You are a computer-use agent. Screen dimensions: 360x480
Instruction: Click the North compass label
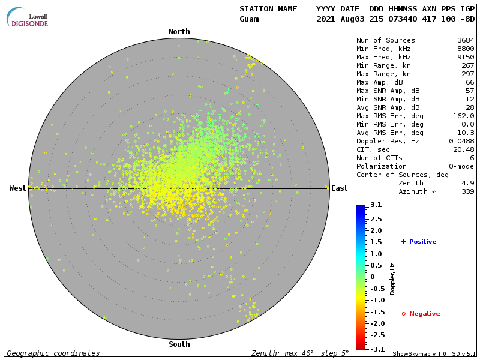(179, 32)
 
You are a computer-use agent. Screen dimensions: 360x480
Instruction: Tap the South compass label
(179, 344)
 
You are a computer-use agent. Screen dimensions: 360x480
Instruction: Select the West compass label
(18, 188)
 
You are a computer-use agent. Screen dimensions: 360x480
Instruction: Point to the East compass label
(339, 188)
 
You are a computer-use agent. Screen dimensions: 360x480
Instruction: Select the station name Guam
(249, 19)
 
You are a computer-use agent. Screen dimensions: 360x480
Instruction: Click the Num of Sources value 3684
(465, 41)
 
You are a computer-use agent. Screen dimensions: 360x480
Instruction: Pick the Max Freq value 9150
(465, 57)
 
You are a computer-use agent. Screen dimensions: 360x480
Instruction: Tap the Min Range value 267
(467, 65)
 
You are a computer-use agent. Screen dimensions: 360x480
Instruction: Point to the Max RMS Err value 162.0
(463, 116)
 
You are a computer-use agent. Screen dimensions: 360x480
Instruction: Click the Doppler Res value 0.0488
(461, 141)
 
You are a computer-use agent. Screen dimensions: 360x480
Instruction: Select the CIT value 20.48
(463, 149)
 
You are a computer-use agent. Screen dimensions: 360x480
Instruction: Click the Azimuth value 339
(467, 191)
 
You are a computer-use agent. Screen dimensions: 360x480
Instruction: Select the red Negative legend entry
(421, 314)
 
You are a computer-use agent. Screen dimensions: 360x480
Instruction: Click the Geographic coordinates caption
(53, 353)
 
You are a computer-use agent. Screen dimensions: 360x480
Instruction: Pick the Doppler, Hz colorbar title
(392, 278)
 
